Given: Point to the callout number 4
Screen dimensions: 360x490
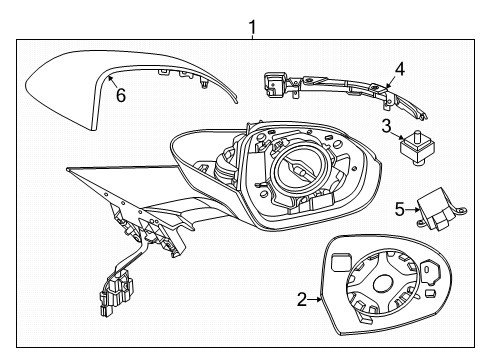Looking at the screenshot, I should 399,69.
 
